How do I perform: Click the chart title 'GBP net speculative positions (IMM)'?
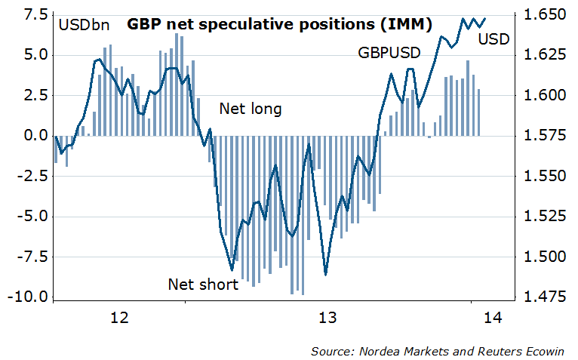[279, 24]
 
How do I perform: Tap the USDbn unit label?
[84, 25]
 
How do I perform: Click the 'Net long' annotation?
[251, 109]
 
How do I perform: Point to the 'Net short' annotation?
[203, 285]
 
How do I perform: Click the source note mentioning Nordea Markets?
[441, 351]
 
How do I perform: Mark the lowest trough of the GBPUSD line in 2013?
[325, 274]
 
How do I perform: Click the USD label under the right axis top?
[493, 38]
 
